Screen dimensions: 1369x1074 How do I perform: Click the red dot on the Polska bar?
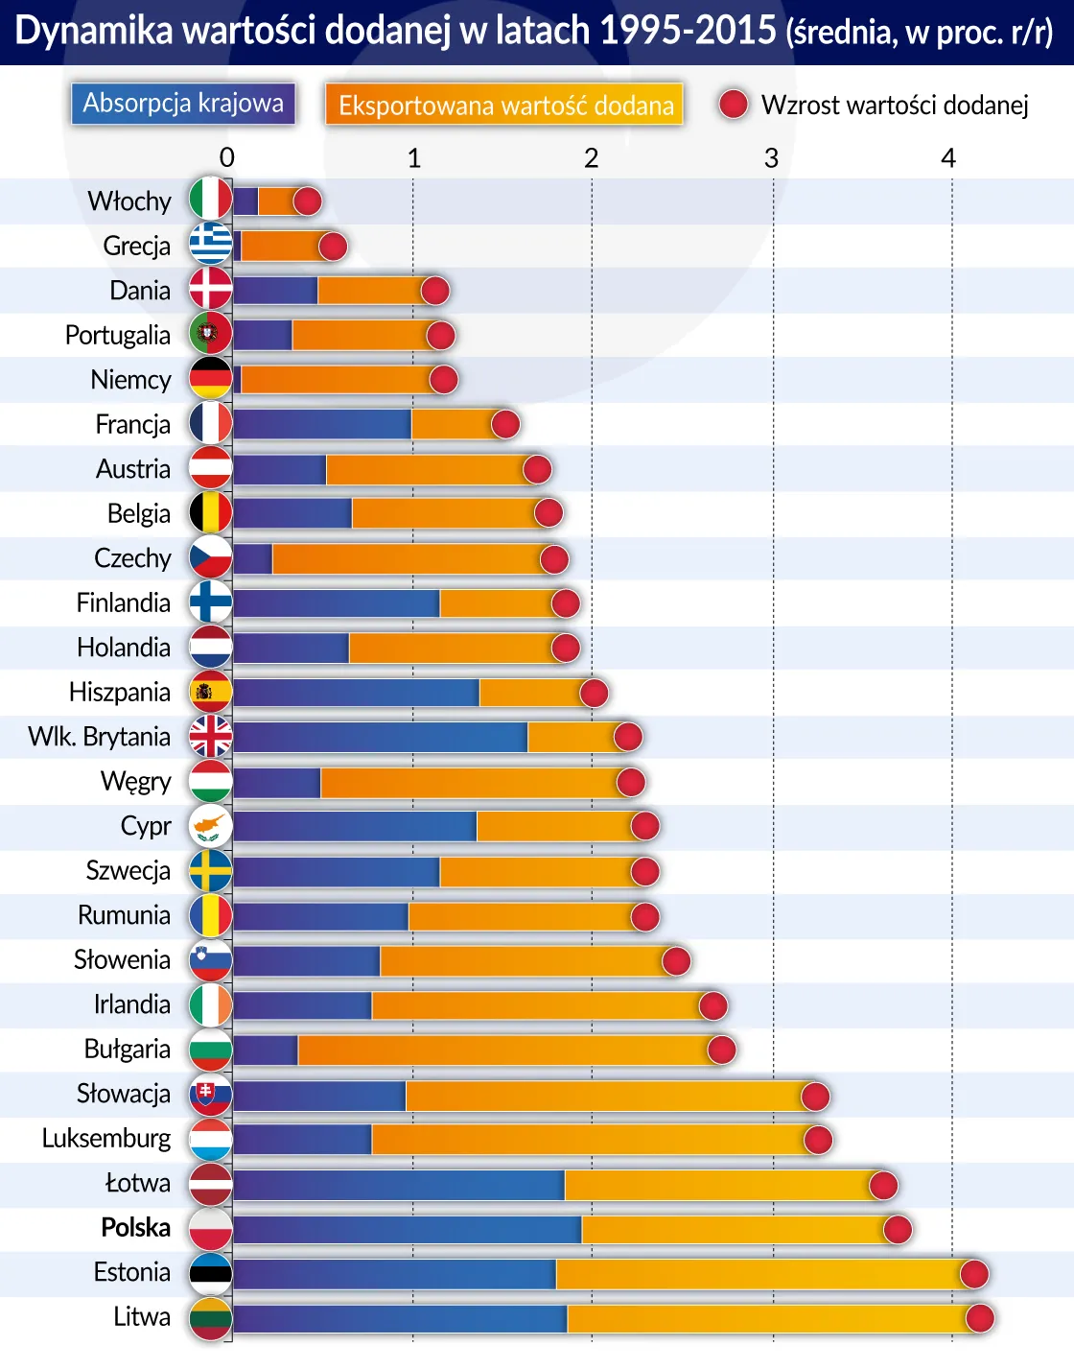[x=898, y=1229]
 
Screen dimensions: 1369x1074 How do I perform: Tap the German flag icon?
[x=210, y=379]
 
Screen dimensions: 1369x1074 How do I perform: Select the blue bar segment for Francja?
[x=322, y=424]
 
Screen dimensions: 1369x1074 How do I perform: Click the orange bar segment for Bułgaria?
[x=503, y=1050]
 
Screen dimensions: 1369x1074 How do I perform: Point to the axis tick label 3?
[x=771, y=158]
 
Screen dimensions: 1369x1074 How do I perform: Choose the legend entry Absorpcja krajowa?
[x=183, y=104]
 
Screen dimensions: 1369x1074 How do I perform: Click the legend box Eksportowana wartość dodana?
[x=505, y=105]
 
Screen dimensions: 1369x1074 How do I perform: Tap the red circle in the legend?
[x=734, y=105]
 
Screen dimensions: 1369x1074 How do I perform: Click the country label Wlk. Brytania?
[x=100, y=737]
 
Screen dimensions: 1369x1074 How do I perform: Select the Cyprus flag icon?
[x=210, y=826]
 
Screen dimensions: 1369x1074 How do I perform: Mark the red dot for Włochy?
[x=308, y=201]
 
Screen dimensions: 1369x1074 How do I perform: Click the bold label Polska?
[x=135, y=1228]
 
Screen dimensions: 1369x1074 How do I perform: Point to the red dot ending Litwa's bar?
[x=980, y=1318]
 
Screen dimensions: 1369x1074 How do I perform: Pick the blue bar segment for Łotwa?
[x=399, y=1185]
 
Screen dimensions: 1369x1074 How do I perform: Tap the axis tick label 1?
[x=413, y=158]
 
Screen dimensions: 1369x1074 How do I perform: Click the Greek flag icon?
[x=210, y=246]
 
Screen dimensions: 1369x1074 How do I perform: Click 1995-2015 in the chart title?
[x=687, y=32]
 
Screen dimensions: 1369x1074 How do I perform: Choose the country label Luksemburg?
[x=106, y=1139]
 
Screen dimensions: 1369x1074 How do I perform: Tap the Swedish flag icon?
[x=210, y=871]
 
